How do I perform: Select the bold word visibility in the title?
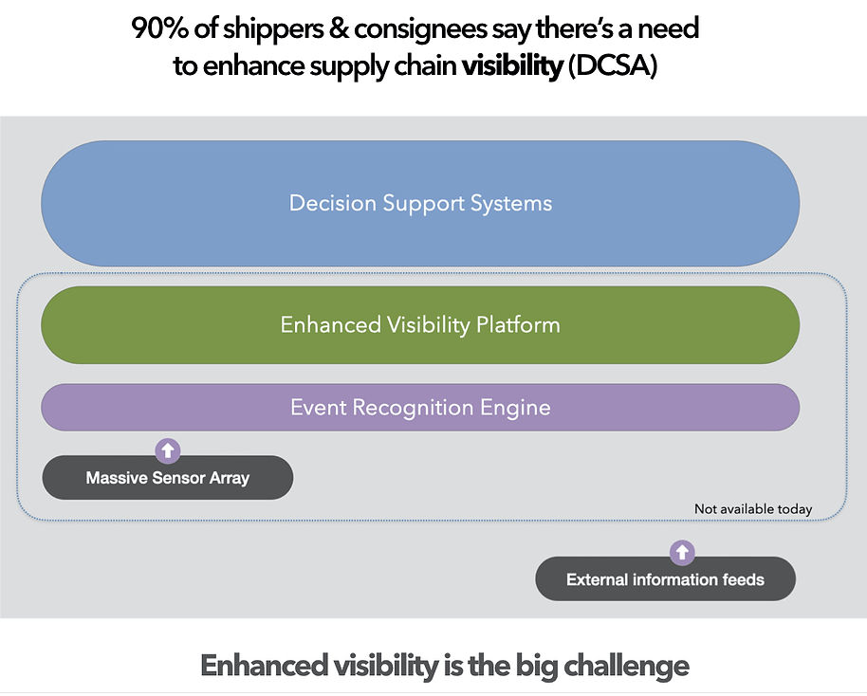[x=511, y=68]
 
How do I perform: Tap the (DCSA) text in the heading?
[x=612, y=68]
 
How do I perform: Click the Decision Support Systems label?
[x=420, y=203]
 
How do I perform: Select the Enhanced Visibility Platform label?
[x=420, y=325]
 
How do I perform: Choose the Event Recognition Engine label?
[x=420, y=408]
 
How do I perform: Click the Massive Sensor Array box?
[x=168, y=478]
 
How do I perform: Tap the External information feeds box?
[x=665, y=579]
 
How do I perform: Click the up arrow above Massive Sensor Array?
[x=168, y=450]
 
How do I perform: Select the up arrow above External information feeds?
[x=682, y=552]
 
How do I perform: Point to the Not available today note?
[x=753, y=509]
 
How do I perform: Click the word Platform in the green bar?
[x=518, y=325]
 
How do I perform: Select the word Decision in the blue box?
[x=330, y=203]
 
